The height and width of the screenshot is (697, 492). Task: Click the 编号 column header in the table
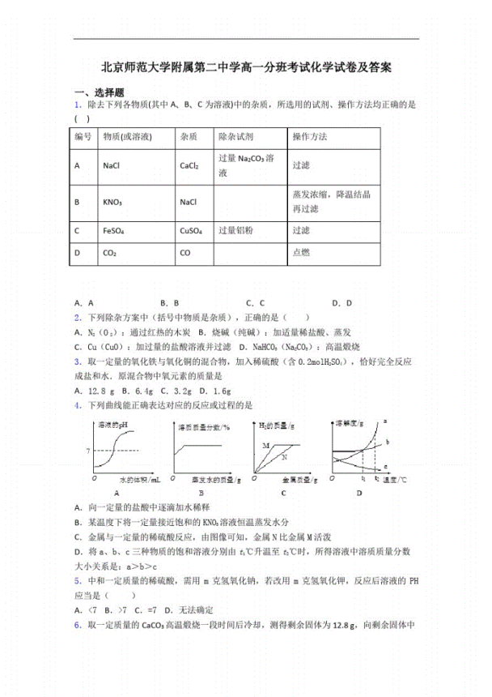click(83, 137)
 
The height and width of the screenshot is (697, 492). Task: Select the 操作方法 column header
click(310, 137)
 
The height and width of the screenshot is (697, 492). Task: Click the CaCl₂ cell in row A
click(189, 165)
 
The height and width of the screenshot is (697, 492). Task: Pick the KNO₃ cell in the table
click(112, 201)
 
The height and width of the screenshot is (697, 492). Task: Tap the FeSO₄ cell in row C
click(113, 231)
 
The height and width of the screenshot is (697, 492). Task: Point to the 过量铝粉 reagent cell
click(235, 231)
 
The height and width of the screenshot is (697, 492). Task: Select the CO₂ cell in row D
click(110, 253)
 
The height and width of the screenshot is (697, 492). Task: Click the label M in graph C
click(265, 446)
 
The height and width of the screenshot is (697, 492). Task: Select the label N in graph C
click(283, 457)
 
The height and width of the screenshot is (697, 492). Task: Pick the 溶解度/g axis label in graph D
click(350, 424)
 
